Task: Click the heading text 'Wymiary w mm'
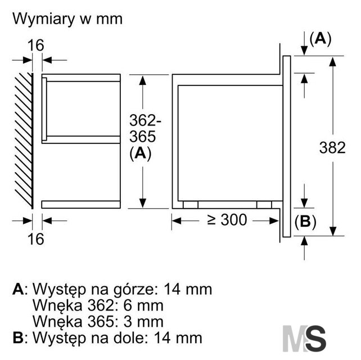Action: tap(67, 19)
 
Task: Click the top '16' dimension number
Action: tap(35, 45)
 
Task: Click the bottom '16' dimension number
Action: tap(35, 239)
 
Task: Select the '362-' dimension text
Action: tap(145, 120)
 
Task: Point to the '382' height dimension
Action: tap(332, 147)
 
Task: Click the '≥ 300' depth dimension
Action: tap(227, 220)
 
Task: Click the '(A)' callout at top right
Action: tap(321, 39)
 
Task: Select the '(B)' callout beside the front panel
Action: tap(305, 222)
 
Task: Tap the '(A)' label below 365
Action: tap(140, 154)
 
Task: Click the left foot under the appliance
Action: tap(191, 205)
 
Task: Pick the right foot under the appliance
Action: tap(264, 205)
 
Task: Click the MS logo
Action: tap(304, 339)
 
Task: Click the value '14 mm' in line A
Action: tap(188, 289)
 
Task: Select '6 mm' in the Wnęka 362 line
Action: tap(143, 305)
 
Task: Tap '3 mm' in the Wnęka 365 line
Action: tap(143, 322)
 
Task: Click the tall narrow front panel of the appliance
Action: tap(286, 146)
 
